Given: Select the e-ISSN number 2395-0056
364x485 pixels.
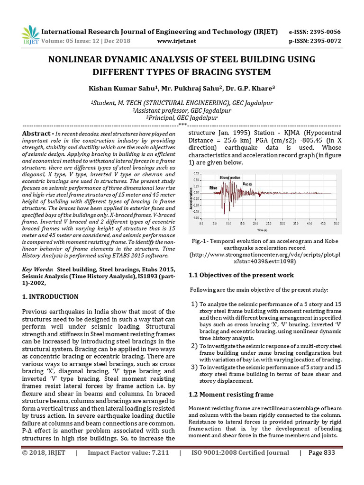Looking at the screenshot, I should coord(324,32).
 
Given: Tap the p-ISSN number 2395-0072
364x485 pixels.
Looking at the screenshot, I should coord(324,41).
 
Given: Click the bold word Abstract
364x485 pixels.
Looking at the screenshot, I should coord(37,134).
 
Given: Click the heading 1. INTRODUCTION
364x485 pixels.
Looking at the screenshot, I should coord(51,297).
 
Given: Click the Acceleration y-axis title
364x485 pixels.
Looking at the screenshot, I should coord(191,199).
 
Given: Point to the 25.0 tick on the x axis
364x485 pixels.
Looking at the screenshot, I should coord(269,223).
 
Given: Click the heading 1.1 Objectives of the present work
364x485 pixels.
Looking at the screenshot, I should coord(241,275).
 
